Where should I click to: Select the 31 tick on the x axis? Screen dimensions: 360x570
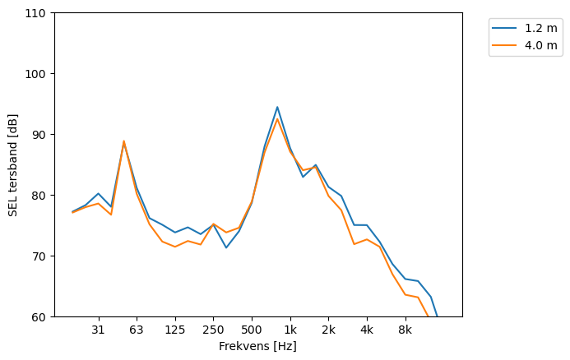[x=99, y=330]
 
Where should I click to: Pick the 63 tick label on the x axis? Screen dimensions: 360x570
[x=137, y=330]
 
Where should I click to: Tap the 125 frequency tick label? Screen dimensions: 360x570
[x=175, y=330]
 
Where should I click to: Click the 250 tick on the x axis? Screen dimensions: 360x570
[x=213, y=330]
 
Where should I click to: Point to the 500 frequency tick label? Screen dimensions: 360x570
[x=252, y=330]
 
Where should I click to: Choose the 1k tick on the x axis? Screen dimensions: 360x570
[x=290, y=330]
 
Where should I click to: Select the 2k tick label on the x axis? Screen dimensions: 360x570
[x=328, y=330]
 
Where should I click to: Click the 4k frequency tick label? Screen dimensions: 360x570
[x=367, y=330]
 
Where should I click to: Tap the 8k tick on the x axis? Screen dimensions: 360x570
[x=405, y=330]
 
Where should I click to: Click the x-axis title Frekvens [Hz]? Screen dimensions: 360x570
[x=257, y=346]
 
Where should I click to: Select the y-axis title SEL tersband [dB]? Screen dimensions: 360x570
[x=12, y=164]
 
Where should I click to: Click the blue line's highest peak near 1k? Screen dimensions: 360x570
[x=277, y=107]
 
